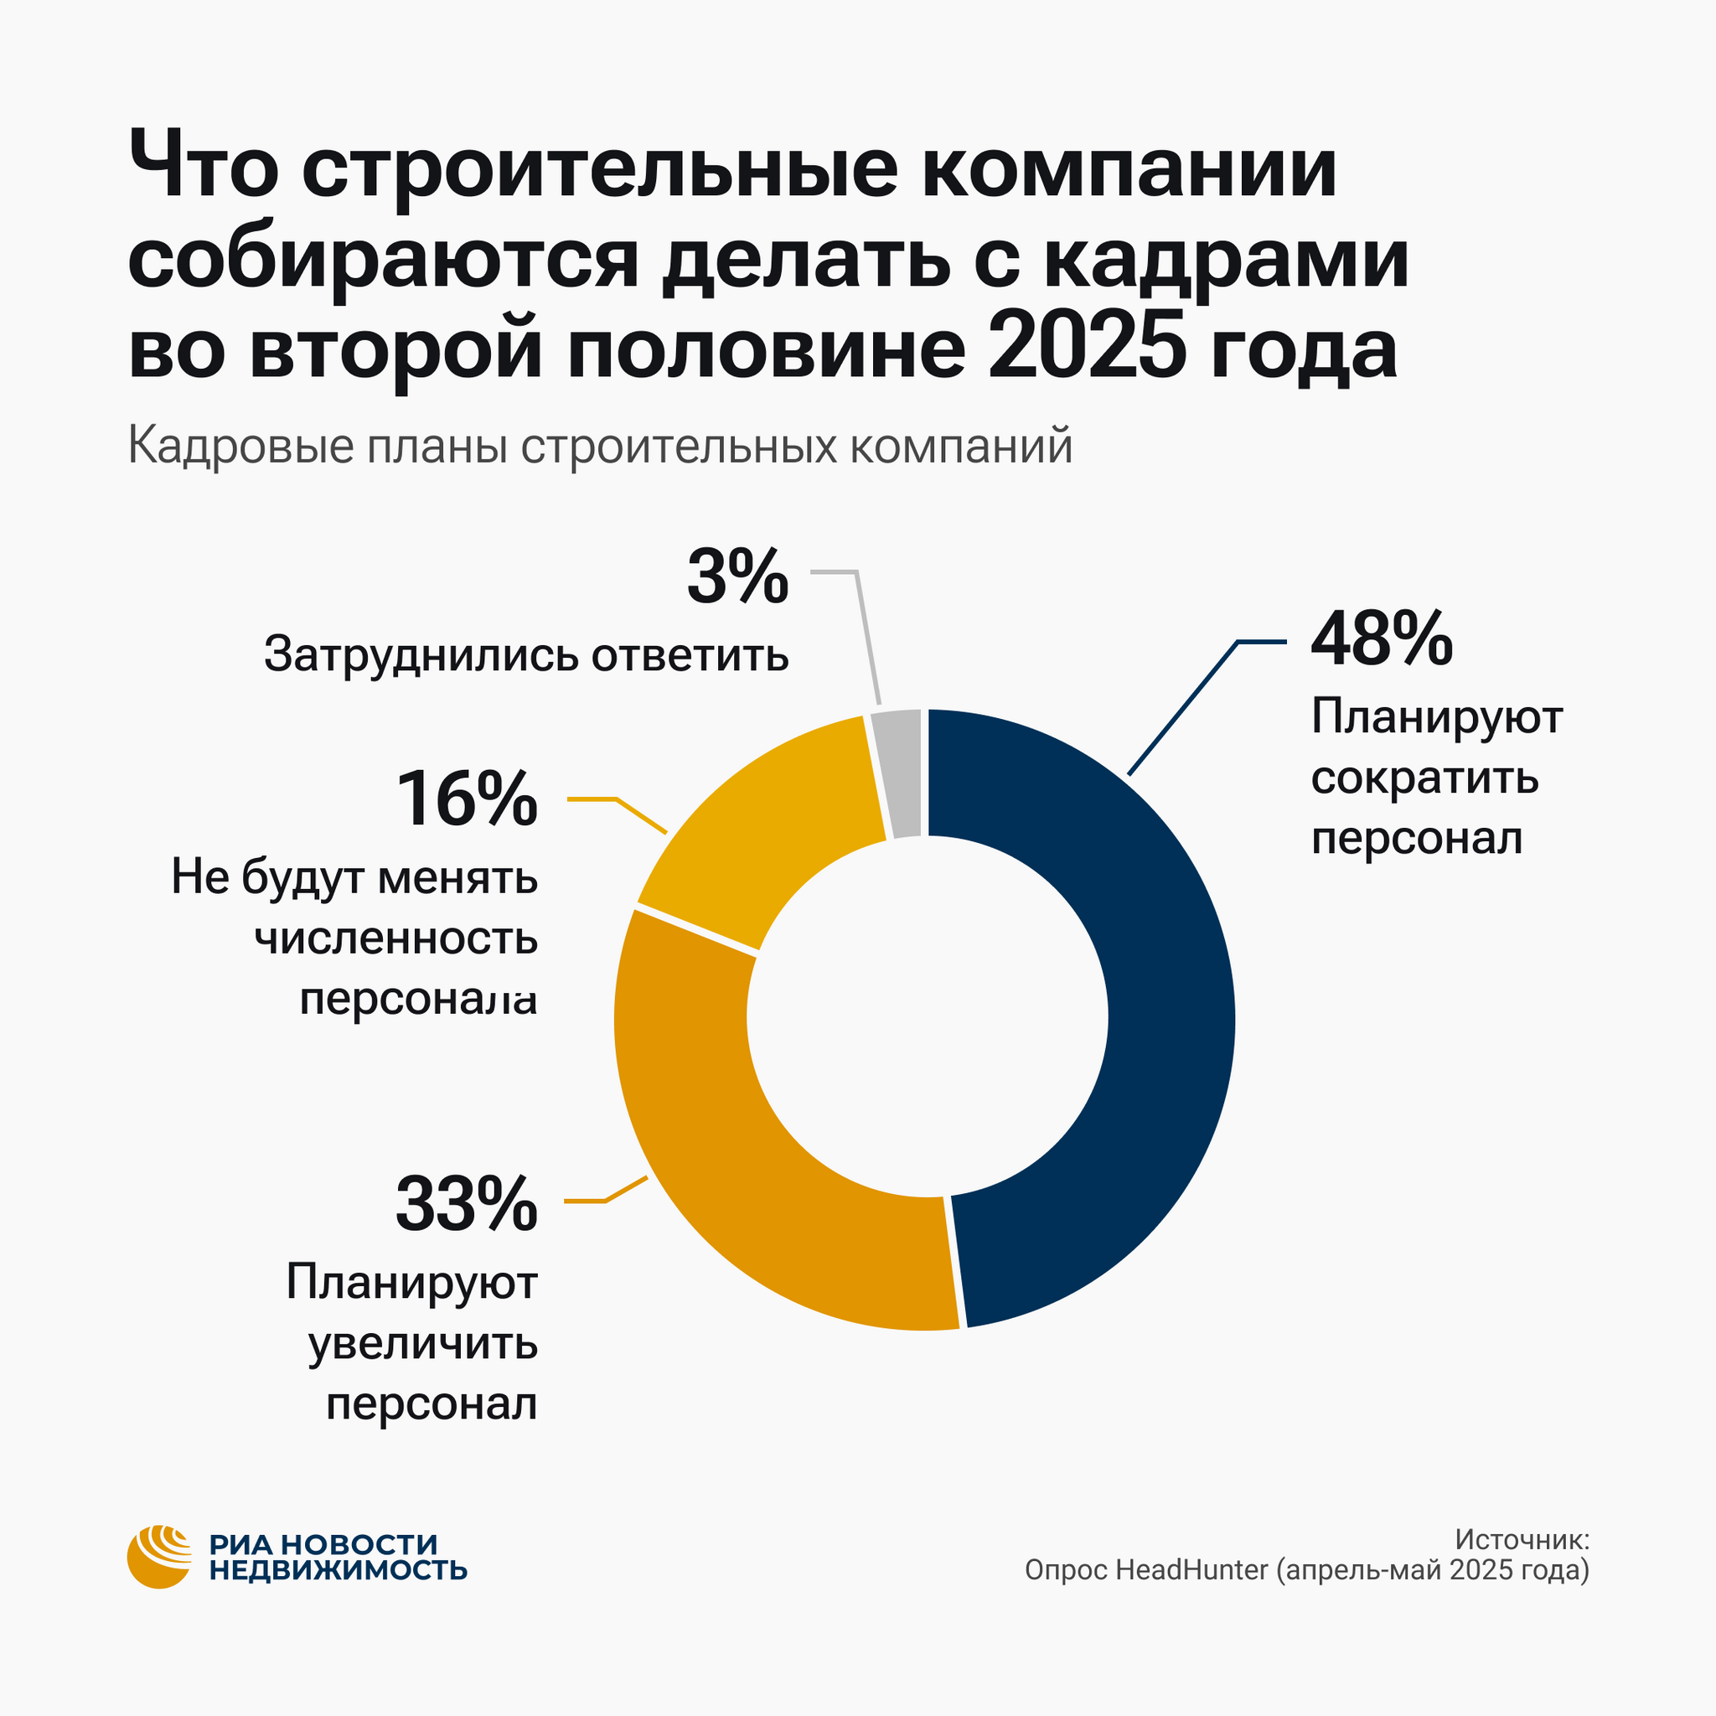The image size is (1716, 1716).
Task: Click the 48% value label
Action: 1381,638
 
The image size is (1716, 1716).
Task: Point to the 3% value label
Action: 737,577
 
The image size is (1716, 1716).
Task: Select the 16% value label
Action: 468,799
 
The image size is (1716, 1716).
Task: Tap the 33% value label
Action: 468,1203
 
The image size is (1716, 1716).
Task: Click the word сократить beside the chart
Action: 1424,779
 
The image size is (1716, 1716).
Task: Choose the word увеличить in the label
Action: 423,1344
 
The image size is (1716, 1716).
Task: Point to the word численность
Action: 397,938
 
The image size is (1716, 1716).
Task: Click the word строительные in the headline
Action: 600,168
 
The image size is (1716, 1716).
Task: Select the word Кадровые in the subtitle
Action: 240,446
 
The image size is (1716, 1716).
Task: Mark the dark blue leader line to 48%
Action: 1181,709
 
